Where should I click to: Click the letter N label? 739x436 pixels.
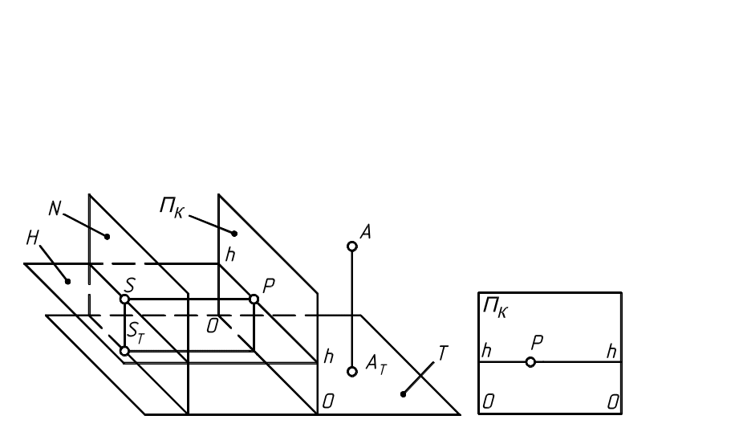coord(55,209)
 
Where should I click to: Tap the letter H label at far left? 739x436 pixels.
coord(33,238)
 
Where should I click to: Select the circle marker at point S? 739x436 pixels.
coord(124,299)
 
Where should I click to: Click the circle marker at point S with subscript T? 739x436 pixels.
coord(124,351)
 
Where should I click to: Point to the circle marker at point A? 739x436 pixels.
coord(351,246)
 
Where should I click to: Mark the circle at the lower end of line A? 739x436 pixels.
coord(351,371)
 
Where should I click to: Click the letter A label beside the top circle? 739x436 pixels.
coord(366,233)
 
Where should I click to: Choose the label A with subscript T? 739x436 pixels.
coord(376,364)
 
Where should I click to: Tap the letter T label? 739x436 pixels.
coord(443,353)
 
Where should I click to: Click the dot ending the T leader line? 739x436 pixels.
coord(403,394)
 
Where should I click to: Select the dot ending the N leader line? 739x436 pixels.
coord(107,236)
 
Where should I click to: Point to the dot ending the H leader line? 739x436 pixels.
coord(68,281)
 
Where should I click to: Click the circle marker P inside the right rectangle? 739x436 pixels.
coord(530,362)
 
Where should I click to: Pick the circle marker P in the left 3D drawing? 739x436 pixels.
coord(254,299)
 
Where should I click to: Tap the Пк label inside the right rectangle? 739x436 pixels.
coord(494,308)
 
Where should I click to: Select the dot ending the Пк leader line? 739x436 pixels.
coord(233,234)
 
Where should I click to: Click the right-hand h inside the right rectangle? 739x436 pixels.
coord(611,352)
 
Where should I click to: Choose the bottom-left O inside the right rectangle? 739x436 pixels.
coord(488,401)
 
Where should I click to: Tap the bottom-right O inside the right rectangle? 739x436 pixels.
coord(612,401)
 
